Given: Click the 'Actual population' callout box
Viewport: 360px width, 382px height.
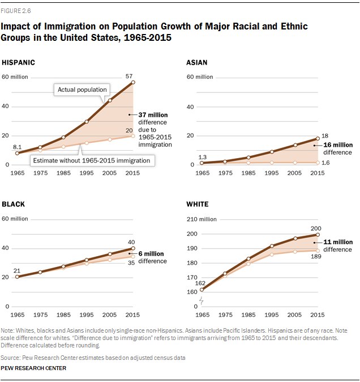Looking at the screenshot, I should click(x=83, y=90).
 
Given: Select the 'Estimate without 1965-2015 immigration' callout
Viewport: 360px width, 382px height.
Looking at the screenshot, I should click(x=91, y=160).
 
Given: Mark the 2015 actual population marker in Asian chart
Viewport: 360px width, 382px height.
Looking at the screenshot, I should click(x=318, y=138).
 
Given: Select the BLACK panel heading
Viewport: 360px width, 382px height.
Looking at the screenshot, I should click(x=14, y=204).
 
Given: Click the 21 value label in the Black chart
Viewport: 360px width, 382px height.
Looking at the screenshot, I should click(x=17, y=271).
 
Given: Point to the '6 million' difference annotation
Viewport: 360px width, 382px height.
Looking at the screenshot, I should click(x=152, y=253).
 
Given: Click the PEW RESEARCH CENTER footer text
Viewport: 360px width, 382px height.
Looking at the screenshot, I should click(x=33, y=368).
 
